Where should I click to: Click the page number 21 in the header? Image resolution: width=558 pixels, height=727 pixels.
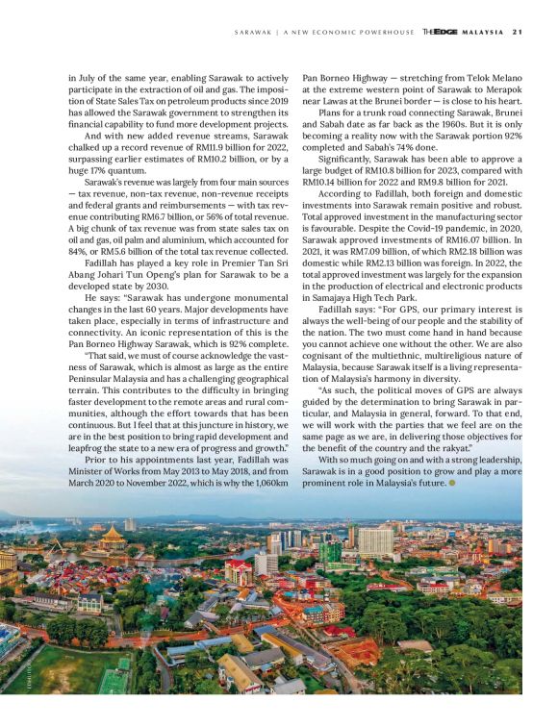517,31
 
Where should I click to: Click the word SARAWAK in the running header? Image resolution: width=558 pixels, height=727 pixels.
254,31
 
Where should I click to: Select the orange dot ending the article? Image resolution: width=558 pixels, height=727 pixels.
452,482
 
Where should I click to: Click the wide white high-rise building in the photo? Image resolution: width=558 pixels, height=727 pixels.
375,541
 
